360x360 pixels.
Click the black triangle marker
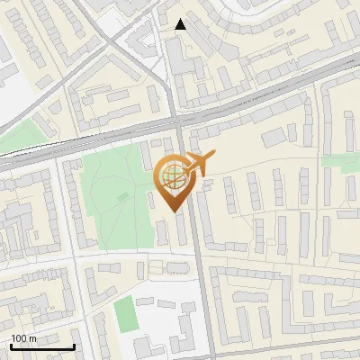pyautogui.click(x=181, y=24)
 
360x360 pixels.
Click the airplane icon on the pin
pyautogui.click(x=199, y=163)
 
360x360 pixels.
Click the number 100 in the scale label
pyautogui.click(x=19, y=338)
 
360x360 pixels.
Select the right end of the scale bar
pyautogui.click(x=74, y=346)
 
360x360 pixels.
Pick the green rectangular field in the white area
pyautogui.click(x=123, y=313)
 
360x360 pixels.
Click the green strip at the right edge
pyautogui.click(x=342, y=162)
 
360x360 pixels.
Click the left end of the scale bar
pyautogui.click(x=11, y=346)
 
